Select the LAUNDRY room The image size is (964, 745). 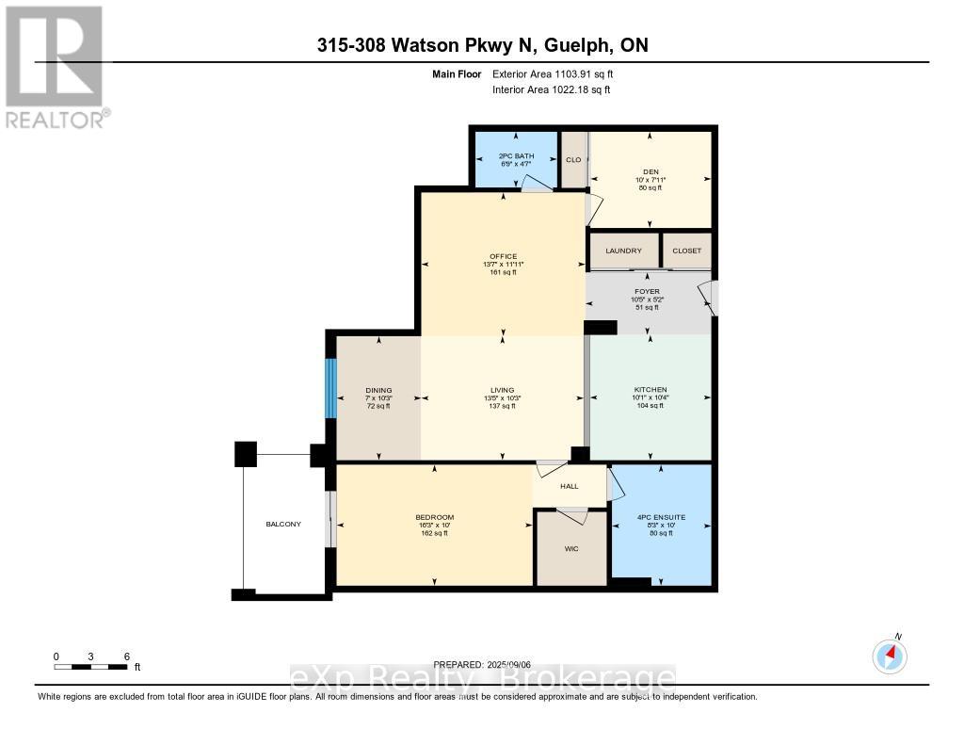click(623, 251)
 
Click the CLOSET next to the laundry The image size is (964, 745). click(686, 251)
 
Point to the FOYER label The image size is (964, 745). click(647, 292)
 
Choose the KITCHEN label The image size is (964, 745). click(650, 390)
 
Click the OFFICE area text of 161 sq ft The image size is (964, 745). click(503, 273)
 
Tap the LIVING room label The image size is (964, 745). click(503, 390)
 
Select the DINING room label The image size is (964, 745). click(378, 390)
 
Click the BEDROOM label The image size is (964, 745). click(434, 517)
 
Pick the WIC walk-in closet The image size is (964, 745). click(570, 548)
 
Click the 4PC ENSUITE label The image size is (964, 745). click(660, 517)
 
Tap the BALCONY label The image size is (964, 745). click(282, 524)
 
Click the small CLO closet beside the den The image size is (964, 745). click(572, 159)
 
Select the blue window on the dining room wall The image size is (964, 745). click(330, 388)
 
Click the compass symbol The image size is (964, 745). click(890, 656)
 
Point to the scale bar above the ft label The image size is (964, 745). click(90, 667)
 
